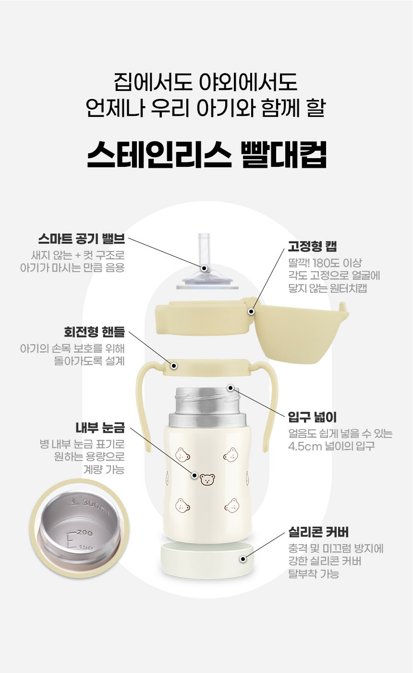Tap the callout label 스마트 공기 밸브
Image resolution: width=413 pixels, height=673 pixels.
click(81, 239)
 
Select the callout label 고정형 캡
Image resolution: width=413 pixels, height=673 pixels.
click(312, 246)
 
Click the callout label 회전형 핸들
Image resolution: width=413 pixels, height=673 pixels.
click(94, 332)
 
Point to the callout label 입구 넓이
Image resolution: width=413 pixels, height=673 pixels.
click(312, 417)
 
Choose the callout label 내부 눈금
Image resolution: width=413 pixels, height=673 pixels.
click(100, 427)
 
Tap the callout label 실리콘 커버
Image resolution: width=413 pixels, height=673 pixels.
click(318, 532)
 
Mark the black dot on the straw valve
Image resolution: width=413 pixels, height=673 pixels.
click(204, 268)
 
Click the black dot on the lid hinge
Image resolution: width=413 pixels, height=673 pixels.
click(252, 312)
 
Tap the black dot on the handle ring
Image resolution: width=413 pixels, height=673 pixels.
click(174, 366)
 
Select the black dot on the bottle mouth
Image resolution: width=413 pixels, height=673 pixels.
click(231, 388)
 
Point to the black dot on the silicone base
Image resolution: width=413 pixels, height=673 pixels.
click(243, 559)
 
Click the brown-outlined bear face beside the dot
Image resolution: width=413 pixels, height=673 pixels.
click(207, 480)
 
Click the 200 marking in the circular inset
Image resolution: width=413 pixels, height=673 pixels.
click(85, 533)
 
